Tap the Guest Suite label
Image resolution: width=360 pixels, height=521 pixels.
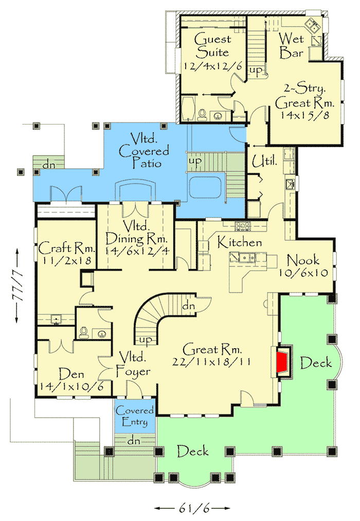point(212,46)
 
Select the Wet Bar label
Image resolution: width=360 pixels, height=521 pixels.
point(291,45)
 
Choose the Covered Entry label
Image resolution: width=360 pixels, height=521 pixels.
point(135,416)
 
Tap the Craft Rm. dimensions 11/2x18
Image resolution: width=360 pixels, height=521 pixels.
point(65,260)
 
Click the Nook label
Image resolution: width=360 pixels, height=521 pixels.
point(303,260)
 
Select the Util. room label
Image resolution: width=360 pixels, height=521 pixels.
point(265,163)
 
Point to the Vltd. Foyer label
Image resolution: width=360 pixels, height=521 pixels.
point(135,364)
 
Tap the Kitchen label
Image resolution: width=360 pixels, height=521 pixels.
point(239,242)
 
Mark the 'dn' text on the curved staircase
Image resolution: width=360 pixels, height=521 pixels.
point(188,306)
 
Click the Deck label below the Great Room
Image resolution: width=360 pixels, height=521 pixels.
point(193,452)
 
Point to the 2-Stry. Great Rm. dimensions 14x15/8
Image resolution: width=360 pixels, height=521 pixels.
point(305,115)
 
